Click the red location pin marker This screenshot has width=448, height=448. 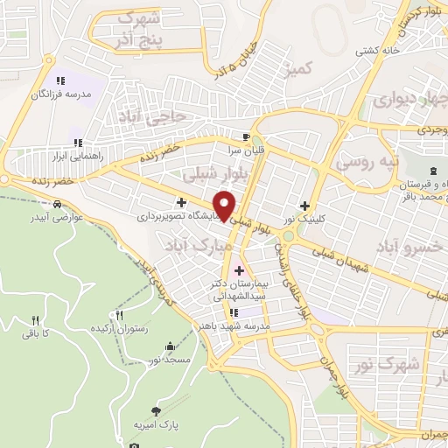(226, 206)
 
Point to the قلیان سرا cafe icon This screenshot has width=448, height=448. (247, 136)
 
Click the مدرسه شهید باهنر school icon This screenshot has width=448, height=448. (234, 312)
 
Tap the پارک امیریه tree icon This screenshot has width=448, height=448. (156, 409)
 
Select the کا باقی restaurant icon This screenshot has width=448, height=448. (36, 320)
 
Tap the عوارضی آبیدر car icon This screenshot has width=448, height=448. (57, 205)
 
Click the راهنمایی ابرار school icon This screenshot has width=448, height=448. (77, 142)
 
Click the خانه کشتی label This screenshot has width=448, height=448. (378, 50)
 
